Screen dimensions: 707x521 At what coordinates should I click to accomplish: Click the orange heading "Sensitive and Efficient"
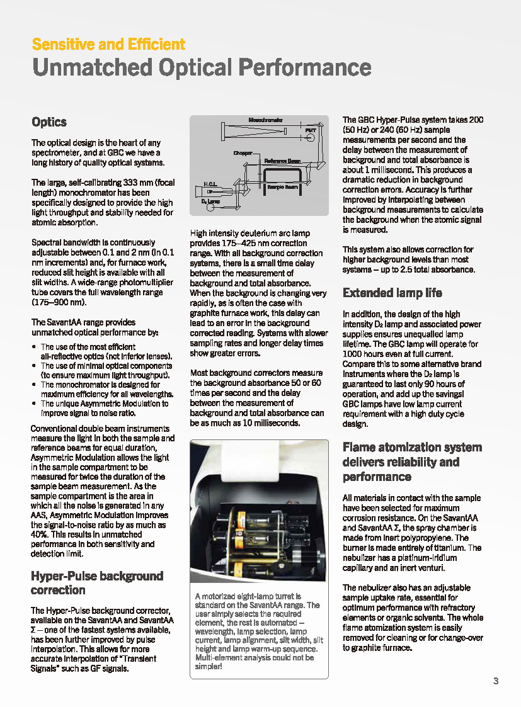108,45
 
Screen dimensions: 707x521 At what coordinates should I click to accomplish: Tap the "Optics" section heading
49,122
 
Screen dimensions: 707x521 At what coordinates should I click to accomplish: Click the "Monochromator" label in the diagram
265,120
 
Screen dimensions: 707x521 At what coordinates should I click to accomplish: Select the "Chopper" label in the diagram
243,153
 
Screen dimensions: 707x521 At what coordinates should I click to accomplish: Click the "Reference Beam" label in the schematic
282,161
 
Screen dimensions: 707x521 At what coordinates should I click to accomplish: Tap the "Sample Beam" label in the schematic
282,187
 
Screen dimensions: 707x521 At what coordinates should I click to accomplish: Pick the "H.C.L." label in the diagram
210,184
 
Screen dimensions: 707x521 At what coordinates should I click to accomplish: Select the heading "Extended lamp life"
392,293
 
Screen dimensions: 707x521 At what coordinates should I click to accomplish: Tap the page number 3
496,681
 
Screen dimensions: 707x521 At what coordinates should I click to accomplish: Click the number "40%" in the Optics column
39,534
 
